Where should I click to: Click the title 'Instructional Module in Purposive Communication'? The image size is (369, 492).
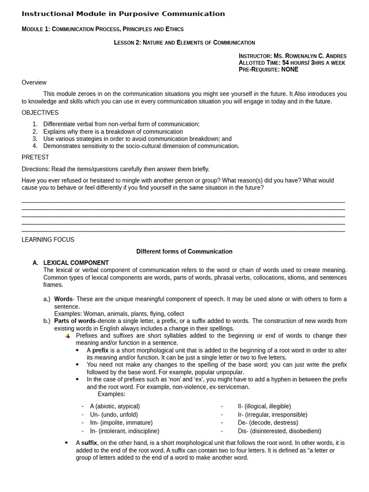point(123,14)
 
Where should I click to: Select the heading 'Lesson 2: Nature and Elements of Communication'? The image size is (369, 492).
point(184,43)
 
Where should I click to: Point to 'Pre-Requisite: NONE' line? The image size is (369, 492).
point(268,70)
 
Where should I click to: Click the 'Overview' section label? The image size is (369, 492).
point(34,83)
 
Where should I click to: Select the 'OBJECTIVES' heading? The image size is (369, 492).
point(40,113)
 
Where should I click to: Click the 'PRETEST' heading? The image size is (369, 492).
point(35,157)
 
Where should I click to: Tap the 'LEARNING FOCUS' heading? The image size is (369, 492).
point(48,240)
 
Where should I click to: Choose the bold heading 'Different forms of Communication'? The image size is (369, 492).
point(184,251)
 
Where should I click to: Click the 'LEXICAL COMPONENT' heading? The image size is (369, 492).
point(76,263)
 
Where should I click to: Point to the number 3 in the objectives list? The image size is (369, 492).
point(35,139)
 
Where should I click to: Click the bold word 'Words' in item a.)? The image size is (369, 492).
point(63,299)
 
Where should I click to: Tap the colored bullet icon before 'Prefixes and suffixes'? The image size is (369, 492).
point(68,336)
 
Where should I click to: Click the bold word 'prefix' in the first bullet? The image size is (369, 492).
point(100,350)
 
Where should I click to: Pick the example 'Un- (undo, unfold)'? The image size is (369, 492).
point(114,415)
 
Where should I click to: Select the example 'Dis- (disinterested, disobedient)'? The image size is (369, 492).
point(279,431)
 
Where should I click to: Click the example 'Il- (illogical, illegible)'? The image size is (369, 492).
point(264,406)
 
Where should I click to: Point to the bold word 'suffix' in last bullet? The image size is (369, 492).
point(89,443)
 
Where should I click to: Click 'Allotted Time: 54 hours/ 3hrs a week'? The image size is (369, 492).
point(292,63)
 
